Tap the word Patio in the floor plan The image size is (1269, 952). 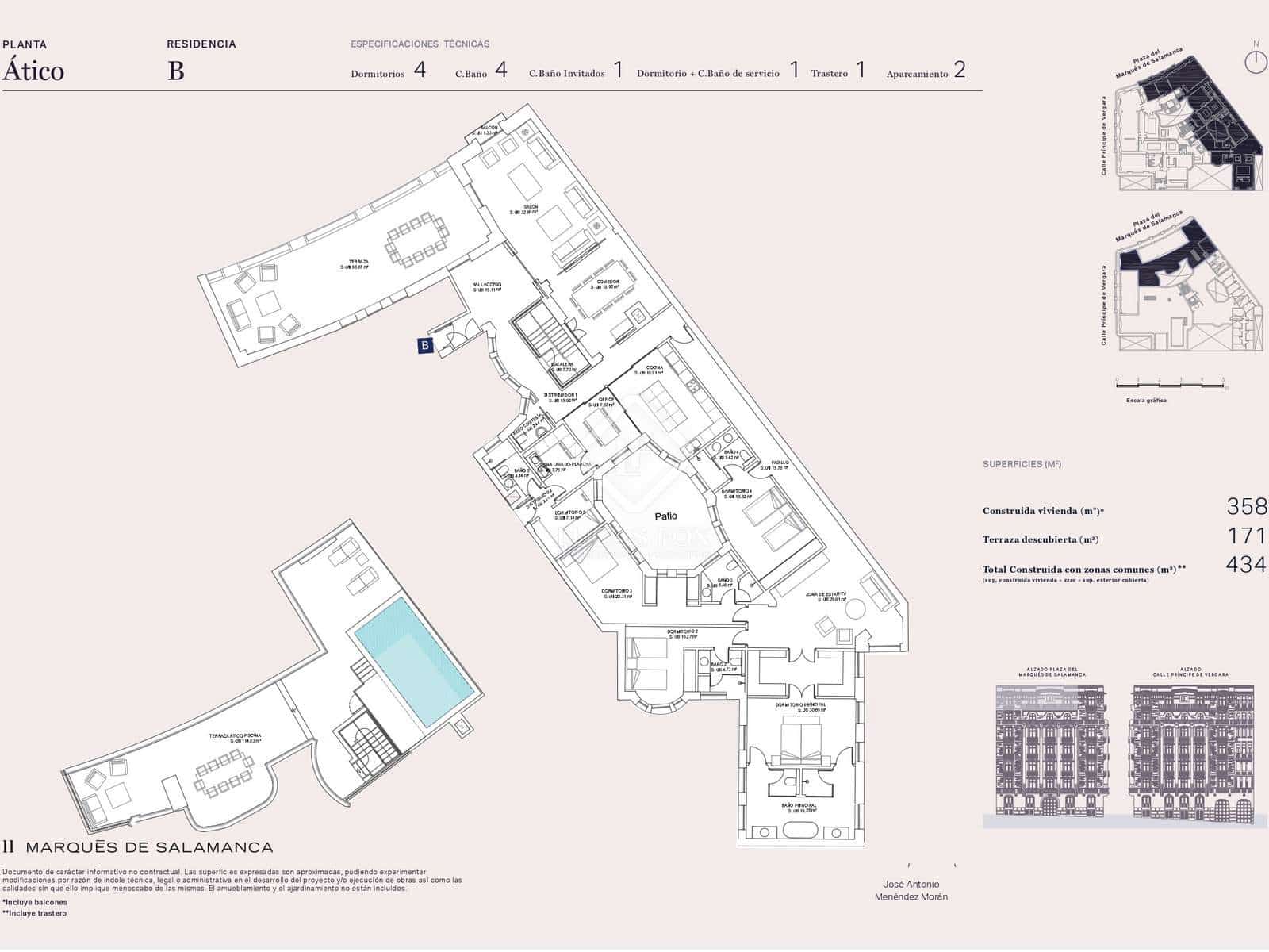[665, 516]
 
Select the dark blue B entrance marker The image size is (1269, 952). [426, 345]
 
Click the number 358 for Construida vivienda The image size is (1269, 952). [1246, 506]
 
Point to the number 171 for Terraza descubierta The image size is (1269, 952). [1247, 536]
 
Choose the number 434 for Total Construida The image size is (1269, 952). [1246, 565]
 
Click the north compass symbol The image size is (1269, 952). [1256, 61]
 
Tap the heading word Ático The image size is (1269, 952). [33, 71]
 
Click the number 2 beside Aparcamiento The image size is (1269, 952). [960, 71]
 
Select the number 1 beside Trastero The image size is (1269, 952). [861, 71]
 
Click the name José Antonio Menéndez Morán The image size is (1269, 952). [911, 890]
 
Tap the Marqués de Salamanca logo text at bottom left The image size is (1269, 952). [139, 848]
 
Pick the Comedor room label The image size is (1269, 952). [608, 282]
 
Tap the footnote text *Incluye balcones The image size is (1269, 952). [35, 902]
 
